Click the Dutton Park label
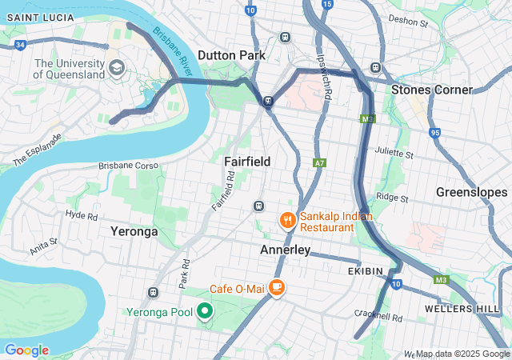(x=232, y=55)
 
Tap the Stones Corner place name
(x=431, y=90)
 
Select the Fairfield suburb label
(x=247, y=162)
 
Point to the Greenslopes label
(x=471, y=193)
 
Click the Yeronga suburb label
(x=134, y=231)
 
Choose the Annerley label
(x=286, y=250)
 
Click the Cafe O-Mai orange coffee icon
(x=276, y=286)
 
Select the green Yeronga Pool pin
(x=205, y=310)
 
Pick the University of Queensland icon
(x=118, y=67)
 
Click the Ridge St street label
(x=392, y=197)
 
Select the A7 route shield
(x=319, y=162)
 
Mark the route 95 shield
(x=434, y=134)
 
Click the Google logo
(x=26, y=350)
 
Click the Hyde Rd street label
(x=81, y=215)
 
